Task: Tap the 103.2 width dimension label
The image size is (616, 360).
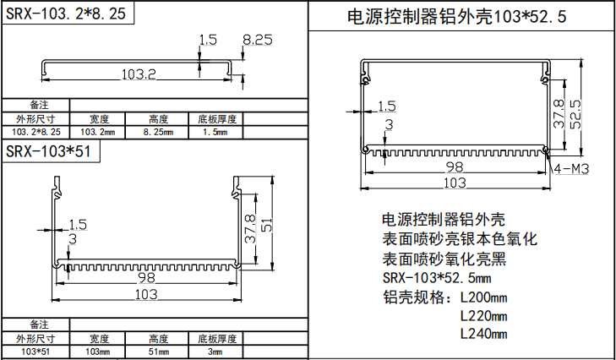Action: (139, 74)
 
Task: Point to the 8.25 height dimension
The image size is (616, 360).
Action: (257, 40)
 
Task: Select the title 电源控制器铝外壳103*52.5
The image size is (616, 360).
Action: (457, 17)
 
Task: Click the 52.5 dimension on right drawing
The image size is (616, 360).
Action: (575, 110)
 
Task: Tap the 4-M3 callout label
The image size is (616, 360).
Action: (572, 169)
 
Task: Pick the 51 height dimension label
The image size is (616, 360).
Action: (267, 226)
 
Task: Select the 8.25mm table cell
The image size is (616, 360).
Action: (158, 133)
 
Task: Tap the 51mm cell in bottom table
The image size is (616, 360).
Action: (158, 351)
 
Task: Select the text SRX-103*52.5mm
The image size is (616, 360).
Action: (436, 278)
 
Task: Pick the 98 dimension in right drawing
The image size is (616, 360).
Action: (454, 166)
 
